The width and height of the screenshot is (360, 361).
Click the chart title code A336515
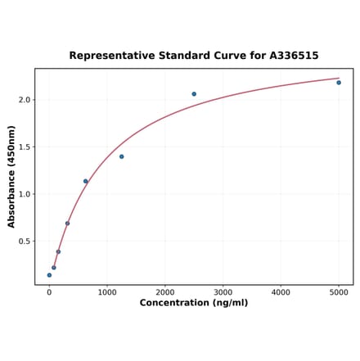(291, 56)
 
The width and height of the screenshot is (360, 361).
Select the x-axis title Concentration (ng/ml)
(194, 303)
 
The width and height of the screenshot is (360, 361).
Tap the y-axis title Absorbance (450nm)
(11, 177)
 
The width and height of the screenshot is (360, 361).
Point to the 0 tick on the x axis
(49, 291)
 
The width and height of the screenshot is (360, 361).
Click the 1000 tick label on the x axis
(107, 291)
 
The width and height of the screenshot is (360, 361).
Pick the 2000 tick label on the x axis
(165, 291)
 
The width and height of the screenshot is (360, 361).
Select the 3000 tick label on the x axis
(223, 291)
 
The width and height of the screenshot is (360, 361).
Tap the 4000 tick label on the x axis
(281, 291)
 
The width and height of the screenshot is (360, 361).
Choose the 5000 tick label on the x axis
(339, 291)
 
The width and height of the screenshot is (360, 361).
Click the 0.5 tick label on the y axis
(25, 241)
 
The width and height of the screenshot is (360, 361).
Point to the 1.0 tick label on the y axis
(25, 194)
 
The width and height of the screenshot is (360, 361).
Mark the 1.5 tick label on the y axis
(25, 147)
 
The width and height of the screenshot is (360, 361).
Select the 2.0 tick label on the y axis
(25, 100)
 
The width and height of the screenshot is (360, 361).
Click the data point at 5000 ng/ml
(339, 83)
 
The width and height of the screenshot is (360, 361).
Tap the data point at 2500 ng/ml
(194, 94)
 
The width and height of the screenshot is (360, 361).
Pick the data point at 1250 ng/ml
(122, 156)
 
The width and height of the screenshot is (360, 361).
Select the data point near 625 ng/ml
(85, 182)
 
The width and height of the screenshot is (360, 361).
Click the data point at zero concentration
(49, 275)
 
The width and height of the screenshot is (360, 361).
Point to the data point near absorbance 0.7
(67, 223)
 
